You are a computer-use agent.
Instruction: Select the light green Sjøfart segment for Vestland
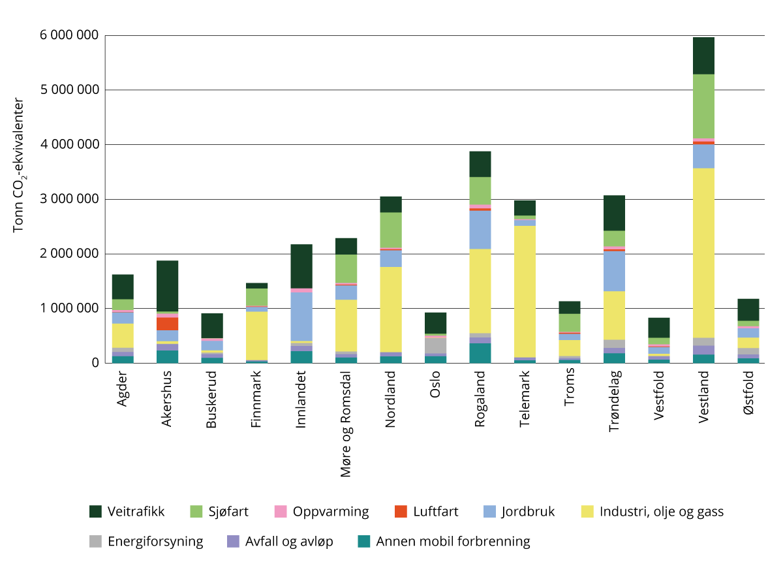[703, 106]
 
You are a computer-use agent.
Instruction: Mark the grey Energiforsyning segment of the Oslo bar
[435, 345]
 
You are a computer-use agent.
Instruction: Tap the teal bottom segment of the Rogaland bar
[480, 353]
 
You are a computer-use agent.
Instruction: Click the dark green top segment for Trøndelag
[614, 213]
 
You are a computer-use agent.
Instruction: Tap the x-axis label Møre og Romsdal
[346, 424]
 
